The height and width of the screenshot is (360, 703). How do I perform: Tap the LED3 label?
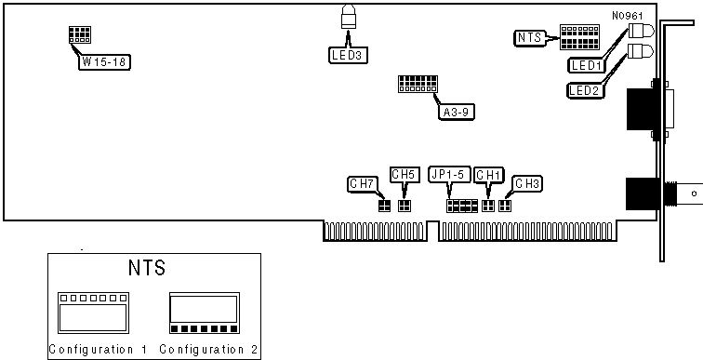pyautogui.click(x=348, y=56)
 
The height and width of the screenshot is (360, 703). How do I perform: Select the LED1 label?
pyautogui.click(x=587, y=65)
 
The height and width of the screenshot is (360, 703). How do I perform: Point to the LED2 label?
pyautogui.click(x=586, y=90)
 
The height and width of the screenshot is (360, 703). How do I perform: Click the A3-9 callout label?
pyautogui.click(x=456, y=112)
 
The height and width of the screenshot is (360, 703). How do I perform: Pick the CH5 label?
pyautogui.click(x=405, y=175)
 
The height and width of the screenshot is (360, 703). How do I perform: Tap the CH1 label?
pyautogui.click(x=489, y=175)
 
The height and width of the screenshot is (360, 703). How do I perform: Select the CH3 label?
pyautogui.click(x=527, y=184)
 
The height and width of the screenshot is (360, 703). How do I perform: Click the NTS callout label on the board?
pyautogui.click(x=529, y=38)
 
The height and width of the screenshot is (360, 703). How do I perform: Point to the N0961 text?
pyautogui.click(x=628, y=16)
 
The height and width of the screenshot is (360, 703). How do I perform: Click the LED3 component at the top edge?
pyautogui.click(x=349, y=17)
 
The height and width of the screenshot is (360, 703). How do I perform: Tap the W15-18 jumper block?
pyautogui.click(x=80, y=34)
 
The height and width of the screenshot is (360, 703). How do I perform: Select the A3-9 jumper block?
pyautogui.click(x=418, y=84)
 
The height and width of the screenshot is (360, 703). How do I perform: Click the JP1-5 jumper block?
pyautogui.click(x=462, y=207)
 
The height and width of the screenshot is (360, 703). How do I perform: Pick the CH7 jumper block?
pyautogui.click(x=385, y=206)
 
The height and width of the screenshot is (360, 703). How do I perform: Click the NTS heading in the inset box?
pyautogui.click(x=147, y=268)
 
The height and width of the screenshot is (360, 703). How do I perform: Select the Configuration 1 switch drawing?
pyautogui.click(x=93, y=313)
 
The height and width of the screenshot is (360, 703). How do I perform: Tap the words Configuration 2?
pyautogui.click(x=209, y=349)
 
